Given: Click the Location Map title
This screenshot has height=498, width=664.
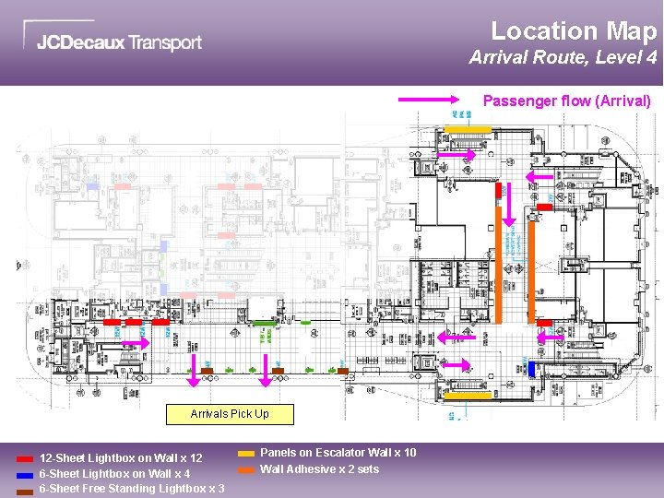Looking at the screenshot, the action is coord(573,30).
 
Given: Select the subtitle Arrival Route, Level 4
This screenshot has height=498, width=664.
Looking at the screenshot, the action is coord(563,57).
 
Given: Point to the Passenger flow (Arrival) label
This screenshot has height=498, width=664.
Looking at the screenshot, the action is coord(567,101).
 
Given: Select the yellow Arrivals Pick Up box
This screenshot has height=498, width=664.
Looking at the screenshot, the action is coord(230,414).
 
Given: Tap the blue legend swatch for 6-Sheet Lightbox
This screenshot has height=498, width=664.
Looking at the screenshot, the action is coord(25,474).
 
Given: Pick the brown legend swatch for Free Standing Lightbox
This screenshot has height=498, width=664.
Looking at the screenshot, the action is coord(25,490).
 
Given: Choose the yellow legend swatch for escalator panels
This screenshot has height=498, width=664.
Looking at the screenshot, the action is coord(246,454).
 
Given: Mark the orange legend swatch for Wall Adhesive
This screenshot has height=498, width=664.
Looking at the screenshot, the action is coord(246,469).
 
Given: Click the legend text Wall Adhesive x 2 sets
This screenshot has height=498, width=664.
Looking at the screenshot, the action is coord(319,469).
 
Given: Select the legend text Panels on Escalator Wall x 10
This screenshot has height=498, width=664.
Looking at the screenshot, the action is coord(338,453).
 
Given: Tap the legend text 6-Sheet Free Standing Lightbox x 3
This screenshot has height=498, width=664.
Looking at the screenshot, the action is coord(131,489).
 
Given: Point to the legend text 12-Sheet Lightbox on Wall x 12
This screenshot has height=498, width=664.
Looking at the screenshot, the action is coord(121,458).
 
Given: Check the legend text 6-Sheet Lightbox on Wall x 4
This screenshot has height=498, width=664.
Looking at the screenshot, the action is coord(114,474).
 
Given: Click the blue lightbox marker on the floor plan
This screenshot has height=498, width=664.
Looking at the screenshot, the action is coord(531,369).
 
